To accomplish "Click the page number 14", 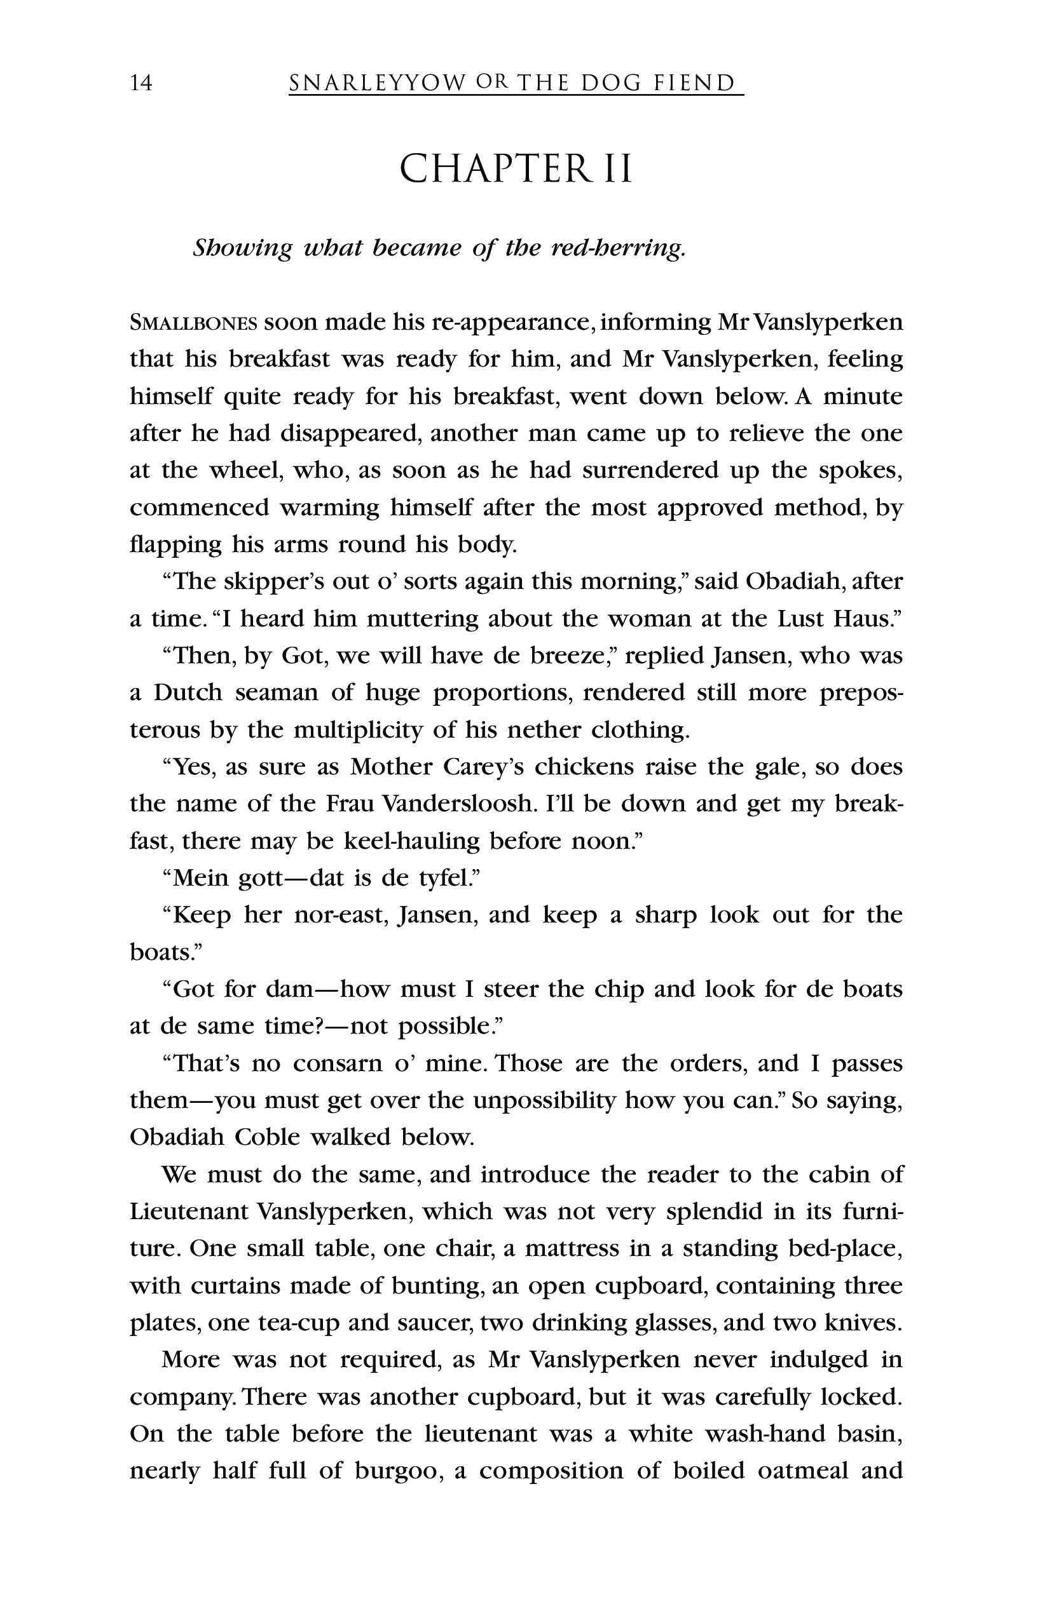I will click(142, 84).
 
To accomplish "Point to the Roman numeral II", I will click(617, 170).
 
